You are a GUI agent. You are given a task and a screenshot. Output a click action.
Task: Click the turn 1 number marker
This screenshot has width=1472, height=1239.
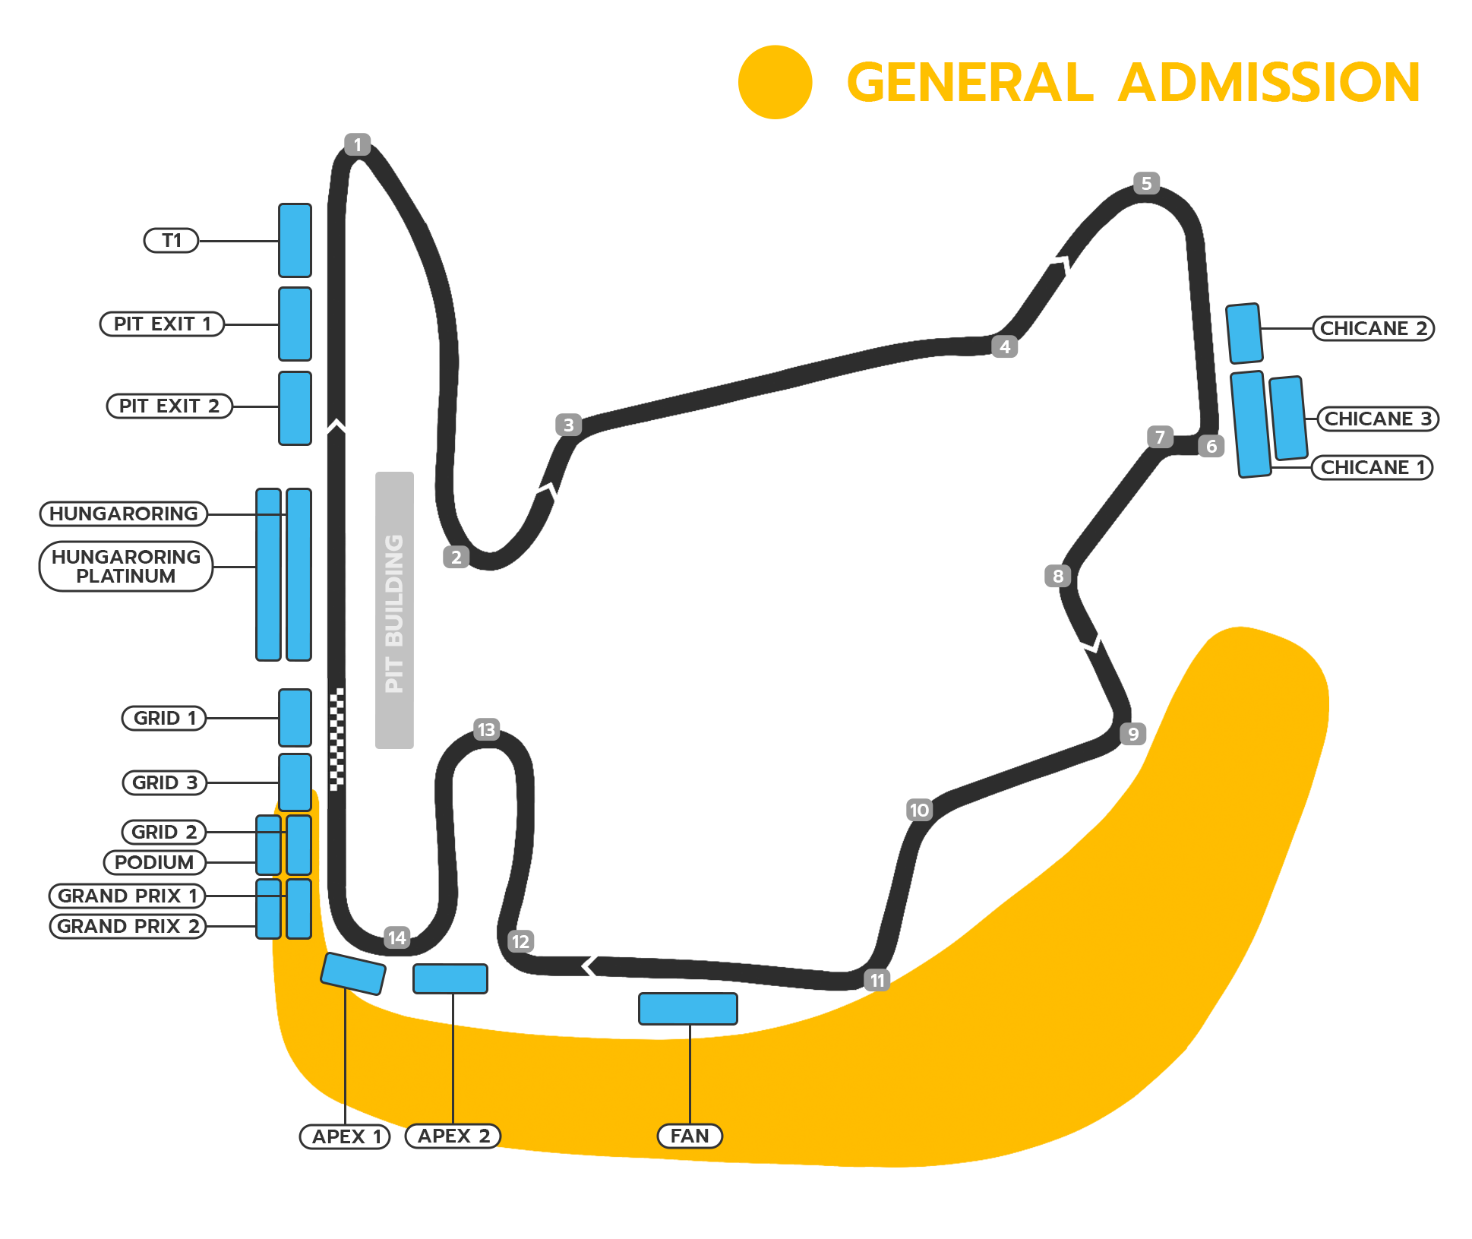tap(357, 144)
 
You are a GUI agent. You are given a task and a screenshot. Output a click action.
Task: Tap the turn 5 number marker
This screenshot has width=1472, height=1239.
tap(1146, 183)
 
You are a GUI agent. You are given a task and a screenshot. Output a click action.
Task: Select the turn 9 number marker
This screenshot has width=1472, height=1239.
tap(1132, 734)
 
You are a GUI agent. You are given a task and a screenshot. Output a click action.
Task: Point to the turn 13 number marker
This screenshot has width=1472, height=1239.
tap(486, 730)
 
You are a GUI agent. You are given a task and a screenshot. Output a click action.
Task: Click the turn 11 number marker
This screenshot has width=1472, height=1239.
tap(877, 980)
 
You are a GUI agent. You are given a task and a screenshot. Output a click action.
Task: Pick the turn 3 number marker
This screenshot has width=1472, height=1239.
tap(568, 425)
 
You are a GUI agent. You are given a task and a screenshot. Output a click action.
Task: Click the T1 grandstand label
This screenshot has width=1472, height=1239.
tap(171, 241)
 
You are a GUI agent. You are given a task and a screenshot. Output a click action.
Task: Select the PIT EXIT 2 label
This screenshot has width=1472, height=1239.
tap(169, 406)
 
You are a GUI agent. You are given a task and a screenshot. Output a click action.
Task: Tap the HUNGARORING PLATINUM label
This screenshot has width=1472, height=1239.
tap(126, 566)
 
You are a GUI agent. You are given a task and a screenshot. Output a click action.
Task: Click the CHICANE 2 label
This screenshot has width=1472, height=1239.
tap(1374, 328)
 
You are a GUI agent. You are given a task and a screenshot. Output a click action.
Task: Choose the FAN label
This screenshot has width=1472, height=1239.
tap(690, 1136)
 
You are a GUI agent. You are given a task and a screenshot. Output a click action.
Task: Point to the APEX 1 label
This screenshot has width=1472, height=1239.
tap(346, 1136)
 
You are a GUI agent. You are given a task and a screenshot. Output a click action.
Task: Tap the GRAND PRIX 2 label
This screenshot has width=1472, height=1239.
tap(128, 926)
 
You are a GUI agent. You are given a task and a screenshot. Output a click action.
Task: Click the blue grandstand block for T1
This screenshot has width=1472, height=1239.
tap(295, 240)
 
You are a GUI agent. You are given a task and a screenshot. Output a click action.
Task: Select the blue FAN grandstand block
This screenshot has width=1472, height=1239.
tap(688, 1009)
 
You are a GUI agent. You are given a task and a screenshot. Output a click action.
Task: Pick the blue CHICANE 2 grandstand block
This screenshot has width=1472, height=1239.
tap(1244, 333)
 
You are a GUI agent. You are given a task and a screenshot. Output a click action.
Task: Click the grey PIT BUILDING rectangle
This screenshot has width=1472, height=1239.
tap(394, 610)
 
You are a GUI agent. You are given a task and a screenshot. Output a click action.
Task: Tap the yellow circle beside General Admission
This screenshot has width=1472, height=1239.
tap(775, 82)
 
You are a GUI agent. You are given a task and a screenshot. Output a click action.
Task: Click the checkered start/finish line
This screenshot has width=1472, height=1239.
tap(336, 739)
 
